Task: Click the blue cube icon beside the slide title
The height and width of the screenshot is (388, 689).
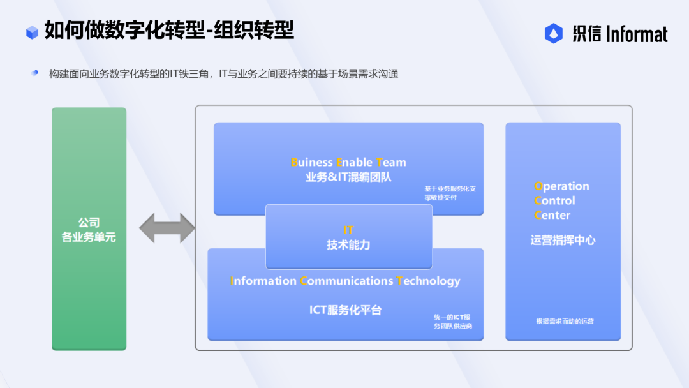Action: [32, 32]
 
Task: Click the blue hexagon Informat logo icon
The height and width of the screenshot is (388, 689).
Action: [553, 33]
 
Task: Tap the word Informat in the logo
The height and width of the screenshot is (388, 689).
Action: [637, 34]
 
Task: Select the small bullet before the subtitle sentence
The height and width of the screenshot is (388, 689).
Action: [34, 73]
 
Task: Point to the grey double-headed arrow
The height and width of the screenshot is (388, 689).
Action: [167, 228]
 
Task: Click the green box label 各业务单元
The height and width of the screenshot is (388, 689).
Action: [89, 237]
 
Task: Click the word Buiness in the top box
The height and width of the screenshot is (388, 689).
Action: [311, 162]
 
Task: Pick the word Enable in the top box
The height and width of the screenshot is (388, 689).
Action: [354, 162]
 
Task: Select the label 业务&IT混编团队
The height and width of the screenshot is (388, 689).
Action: [348, 177]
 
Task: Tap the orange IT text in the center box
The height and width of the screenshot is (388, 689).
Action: [348, 230]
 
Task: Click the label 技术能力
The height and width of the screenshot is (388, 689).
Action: [348, 245]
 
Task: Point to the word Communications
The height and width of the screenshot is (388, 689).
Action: [346, 281]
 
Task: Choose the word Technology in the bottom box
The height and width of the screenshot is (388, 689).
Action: [429, 281]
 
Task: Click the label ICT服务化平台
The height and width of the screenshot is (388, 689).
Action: [345, 310]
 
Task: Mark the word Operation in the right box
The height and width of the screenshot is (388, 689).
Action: [561, 186]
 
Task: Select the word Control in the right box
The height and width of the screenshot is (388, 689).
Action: [554, 201]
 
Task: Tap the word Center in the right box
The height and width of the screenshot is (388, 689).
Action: [552, 215]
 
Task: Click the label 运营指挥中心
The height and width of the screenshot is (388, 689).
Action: [563, 241]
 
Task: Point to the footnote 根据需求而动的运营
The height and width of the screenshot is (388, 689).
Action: [565, 321]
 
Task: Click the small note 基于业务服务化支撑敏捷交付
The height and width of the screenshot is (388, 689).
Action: [450, 193]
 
